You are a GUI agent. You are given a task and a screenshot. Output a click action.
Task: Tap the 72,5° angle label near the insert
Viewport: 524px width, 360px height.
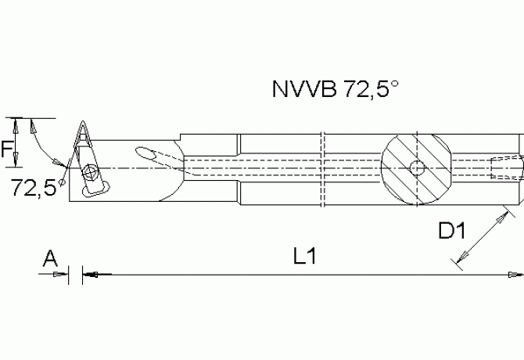pos(34,187)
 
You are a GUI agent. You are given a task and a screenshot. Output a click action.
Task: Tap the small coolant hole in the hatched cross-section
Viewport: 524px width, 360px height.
pos(418,167)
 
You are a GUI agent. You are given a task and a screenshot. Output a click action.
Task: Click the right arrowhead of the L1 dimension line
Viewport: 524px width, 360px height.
pos(515,274)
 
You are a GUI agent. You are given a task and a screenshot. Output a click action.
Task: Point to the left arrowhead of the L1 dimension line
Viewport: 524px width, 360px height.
pos(88,274)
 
